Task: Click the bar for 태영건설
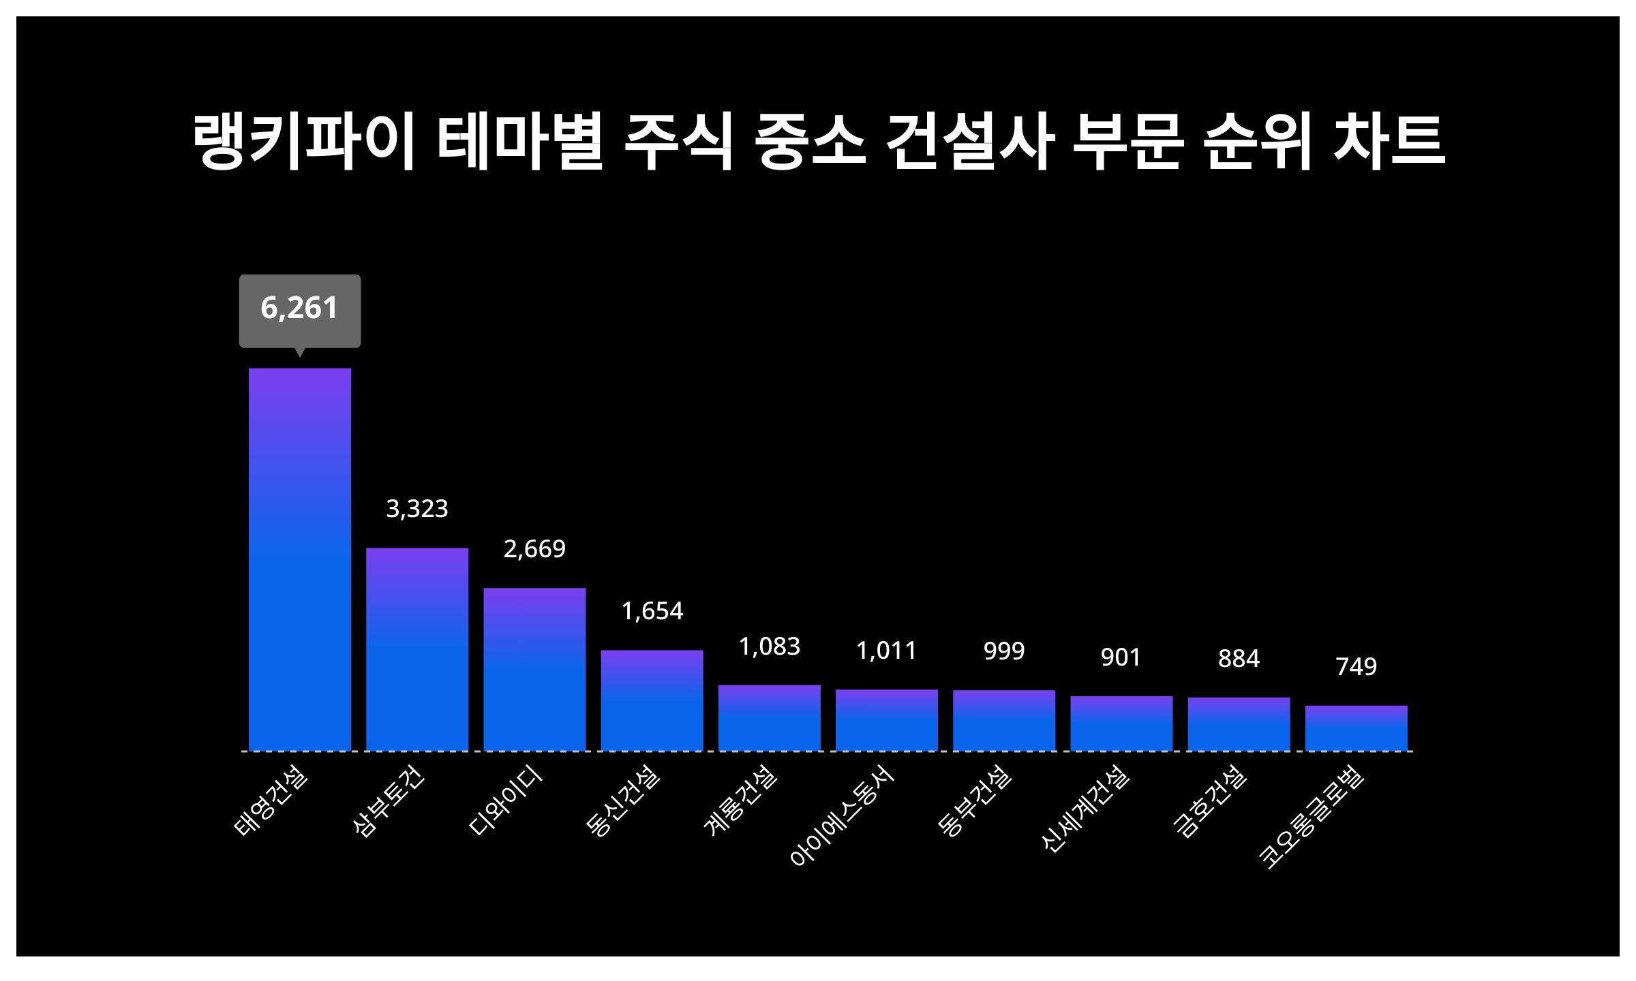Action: [x=299, y=559]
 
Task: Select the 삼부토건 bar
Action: [x=417, y=649]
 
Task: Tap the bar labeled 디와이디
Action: [x=534, y=669]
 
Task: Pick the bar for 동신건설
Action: [x=652, y=700]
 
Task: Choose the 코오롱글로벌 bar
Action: [x=1356, y=728]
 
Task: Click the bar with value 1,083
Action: [x=769, y=717]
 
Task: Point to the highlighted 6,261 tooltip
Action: [x=299, y=309]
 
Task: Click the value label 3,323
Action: [x=417, y=509]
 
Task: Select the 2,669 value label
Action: [x=534, y=549]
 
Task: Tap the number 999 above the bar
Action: [x=1003, y=651]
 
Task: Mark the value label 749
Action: [x=1356, y=666]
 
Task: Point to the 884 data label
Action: [x=1239, y=659]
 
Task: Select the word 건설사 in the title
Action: [x=970, y=142]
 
